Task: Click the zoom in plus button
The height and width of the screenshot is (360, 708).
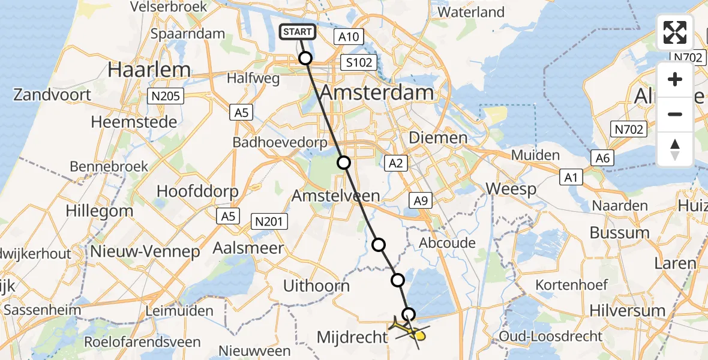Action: [675, 80]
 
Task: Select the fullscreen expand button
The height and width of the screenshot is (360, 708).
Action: [675, 32]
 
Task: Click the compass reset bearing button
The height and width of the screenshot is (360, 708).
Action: [675, 149]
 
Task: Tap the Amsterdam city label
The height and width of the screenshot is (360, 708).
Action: [376, 93]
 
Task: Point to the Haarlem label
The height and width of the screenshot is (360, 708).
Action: [149, 70]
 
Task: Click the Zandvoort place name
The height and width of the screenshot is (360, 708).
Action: [53, 95]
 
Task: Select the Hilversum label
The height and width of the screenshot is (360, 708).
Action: [628, 311]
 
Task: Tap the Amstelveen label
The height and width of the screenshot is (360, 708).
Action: [336, 196]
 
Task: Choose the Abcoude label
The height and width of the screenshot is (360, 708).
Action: [447, 243]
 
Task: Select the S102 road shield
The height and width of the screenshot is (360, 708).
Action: [359, 62]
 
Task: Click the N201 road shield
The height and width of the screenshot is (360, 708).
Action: [268, 221]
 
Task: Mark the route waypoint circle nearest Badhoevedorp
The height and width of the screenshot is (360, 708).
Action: [343, 162]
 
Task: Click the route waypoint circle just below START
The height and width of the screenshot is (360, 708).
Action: [305, 58]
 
